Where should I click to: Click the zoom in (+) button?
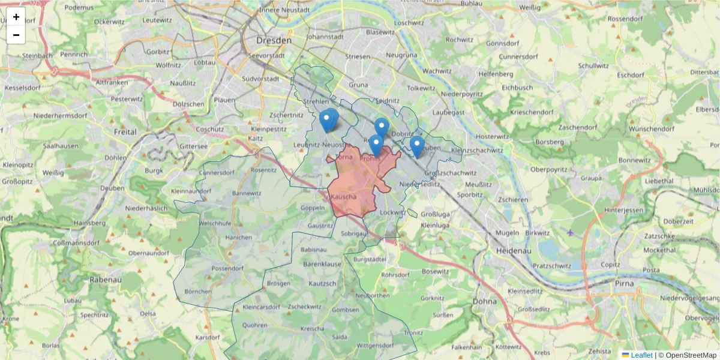click(16, 17)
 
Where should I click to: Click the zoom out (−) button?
click(16, 35)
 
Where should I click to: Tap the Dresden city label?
click(273, 41)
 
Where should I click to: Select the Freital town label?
click(125, 131)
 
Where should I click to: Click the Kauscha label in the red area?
click(344, 197)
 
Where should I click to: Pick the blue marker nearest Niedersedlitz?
click(417, 146)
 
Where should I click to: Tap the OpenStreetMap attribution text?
click(687, 355)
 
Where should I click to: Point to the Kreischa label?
click(313, 328)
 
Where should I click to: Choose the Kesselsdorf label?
click(23, 88)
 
